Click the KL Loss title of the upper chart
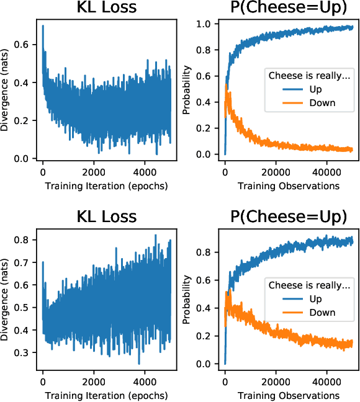point(106,9)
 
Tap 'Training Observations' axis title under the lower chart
point(288,395)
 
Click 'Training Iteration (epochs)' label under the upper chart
point(106,185)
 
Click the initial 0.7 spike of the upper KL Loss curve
point(43,26)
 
